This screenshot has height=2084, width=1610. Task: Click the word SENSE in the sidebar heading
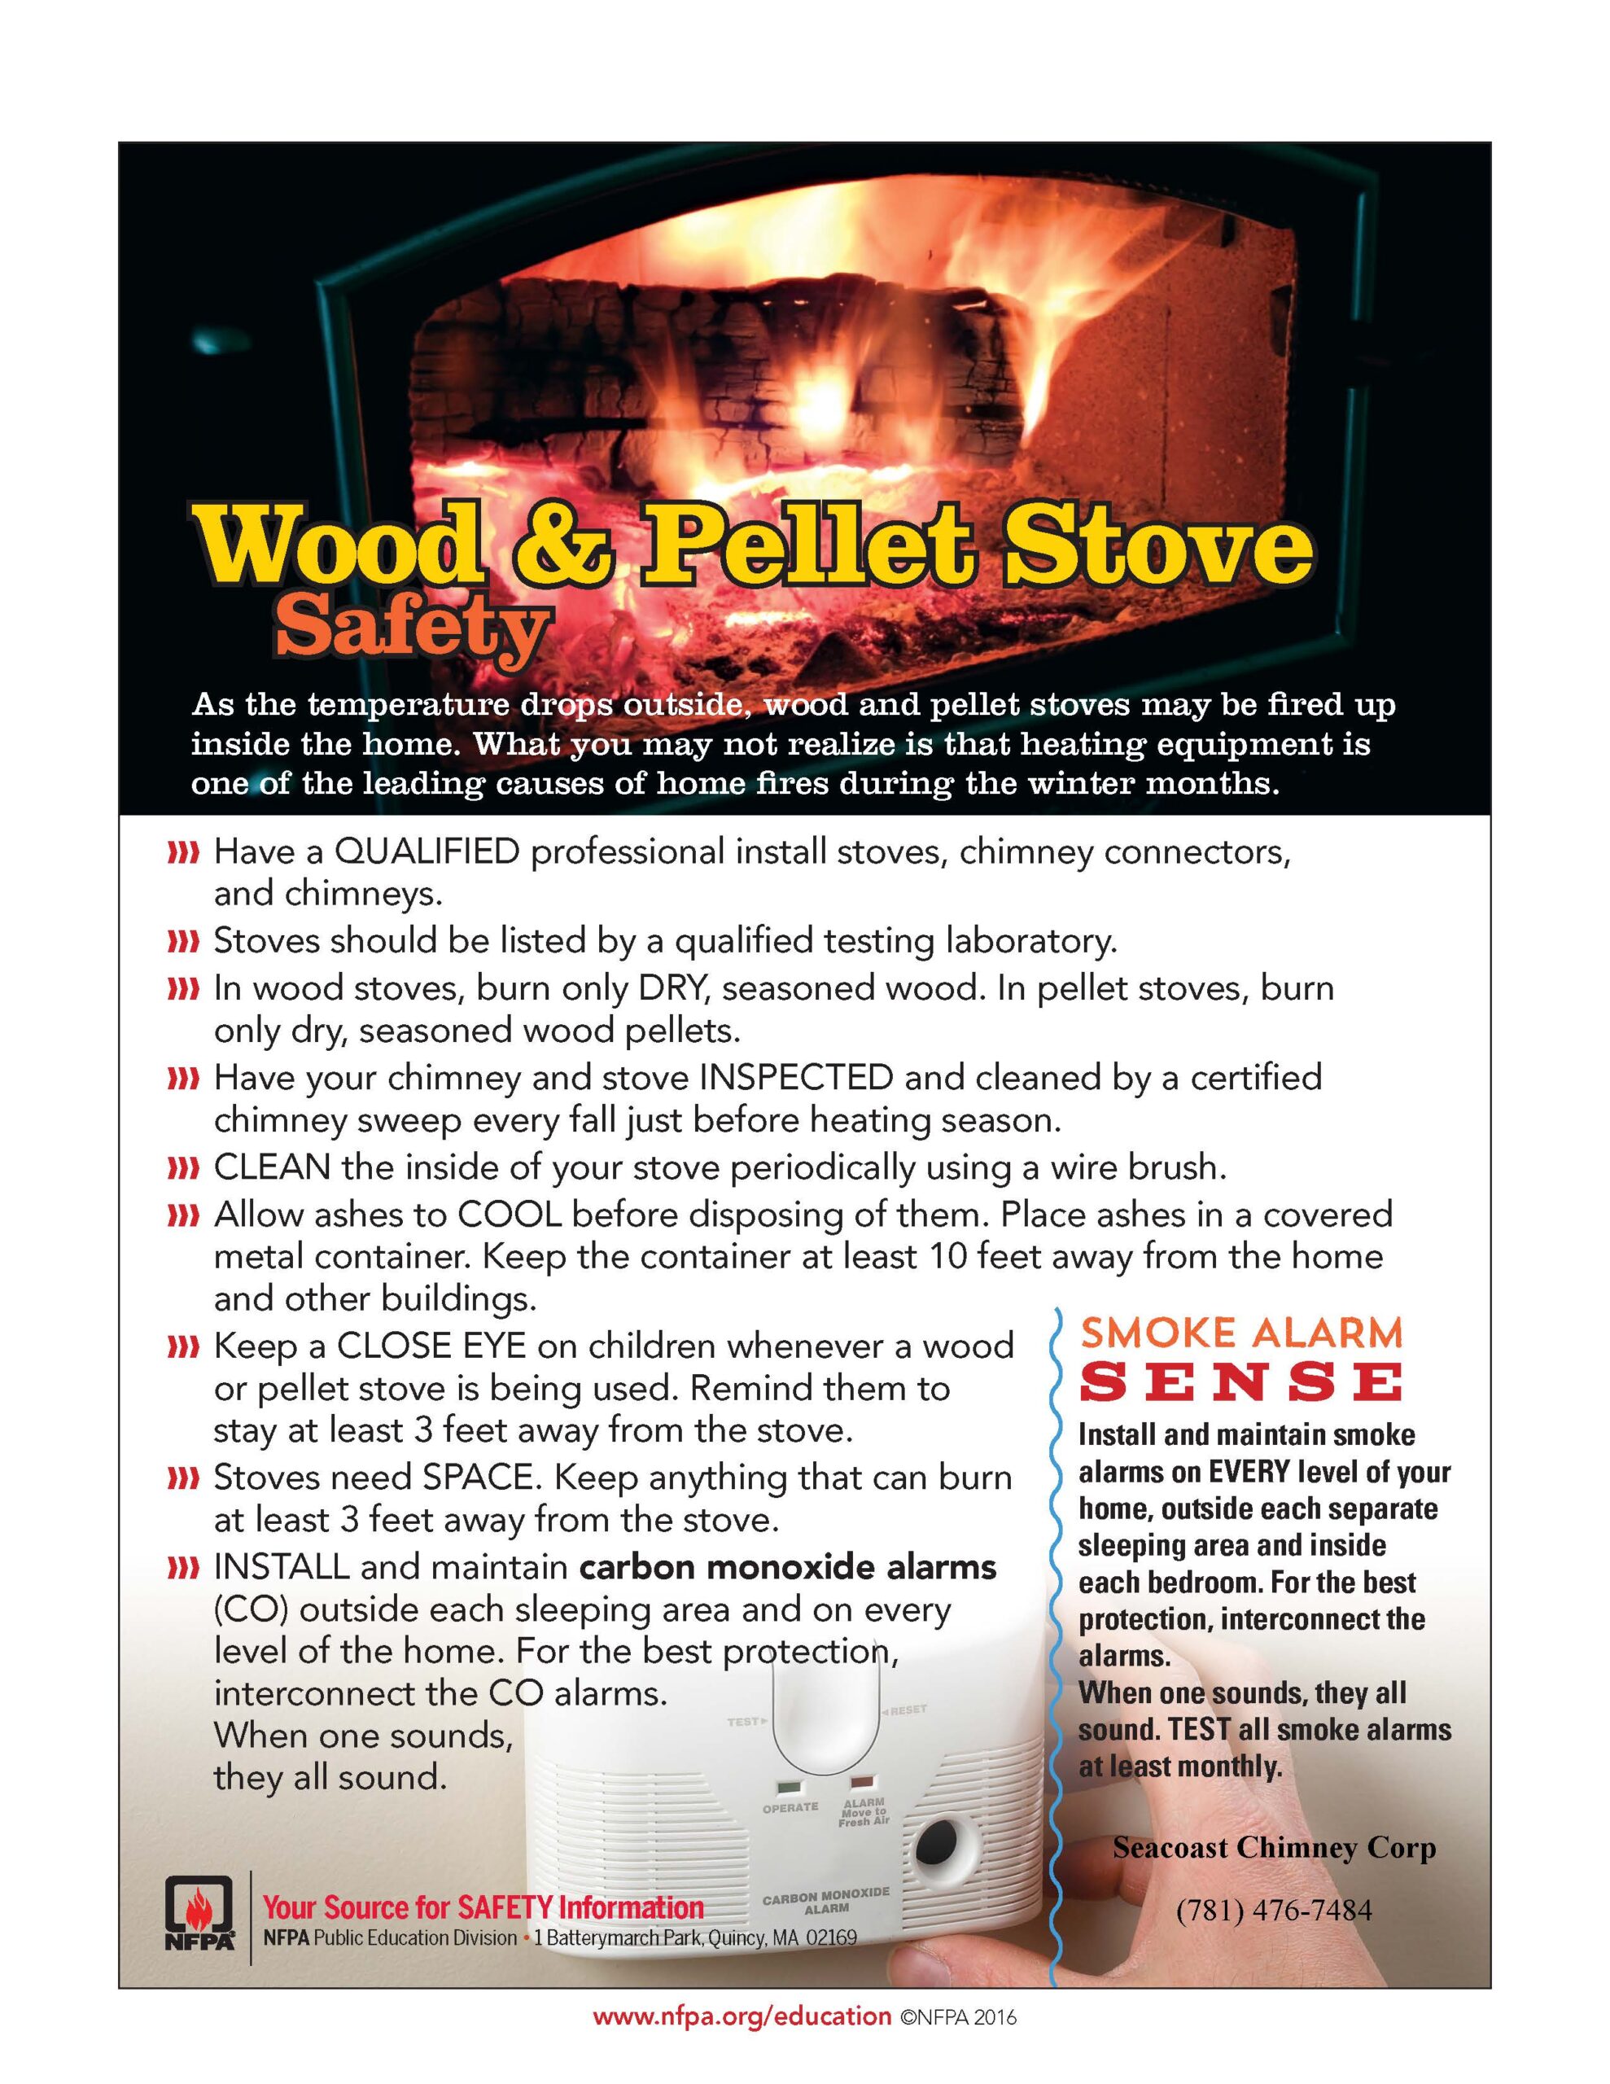[1241, 1382]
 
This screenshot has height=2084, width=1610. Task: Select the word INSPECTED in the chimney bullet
[796, 1077]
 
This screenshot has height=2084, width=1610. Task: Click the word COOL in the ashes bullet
[510, 1215]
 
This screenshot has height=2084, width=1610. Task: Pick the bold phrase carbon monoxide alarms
[788, 1567]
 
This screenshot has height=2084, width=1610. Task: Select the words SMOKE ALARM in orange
[1241, 1332]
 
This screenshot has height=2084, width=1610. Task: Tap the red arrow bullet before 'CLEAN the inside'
[182, 1168]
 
